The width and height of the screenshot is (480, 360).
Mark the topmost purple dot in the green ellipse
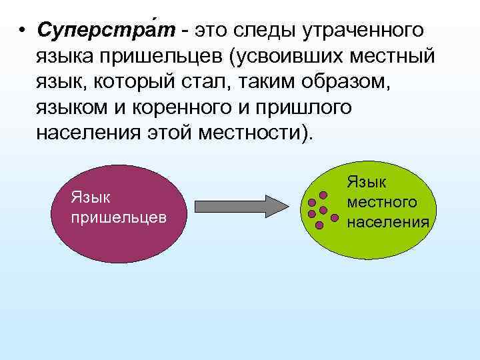tap(323, 195)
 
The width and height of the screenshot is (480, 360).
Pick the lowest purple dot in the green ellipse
tap(319, 225)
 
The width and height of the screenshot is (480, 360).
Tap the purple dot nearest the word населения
tap(335, 217)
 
